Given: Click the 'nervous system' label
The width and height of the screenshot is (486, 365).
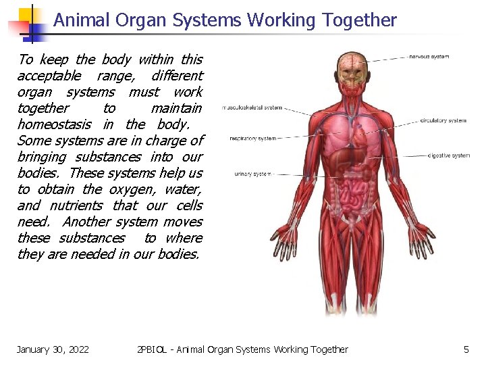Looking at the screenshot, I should (x=430, y=57).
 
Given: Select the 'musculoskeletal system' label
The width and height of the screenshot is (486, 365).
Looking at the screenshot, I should (x=252, y=107).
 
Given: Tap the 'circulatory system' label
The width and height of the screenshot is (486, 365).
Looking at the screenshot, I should (x=443, y=121).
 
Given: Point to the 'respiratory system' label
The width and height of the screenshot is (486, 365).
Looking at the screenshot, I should (x=252, y=139).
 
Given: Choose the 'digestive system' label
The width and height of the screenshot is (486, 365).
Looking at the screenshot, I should (x=449, y=156).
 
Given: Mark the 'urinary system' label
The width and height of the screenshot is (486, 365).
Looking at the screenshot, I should (x=252, y=174).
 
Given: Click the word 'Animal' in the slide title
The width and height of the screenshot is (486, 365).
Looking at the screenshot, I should (x=81, y=20).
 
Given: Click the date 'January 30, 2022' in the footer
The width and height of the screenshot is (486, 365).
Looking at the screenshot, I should (x=53, y=349).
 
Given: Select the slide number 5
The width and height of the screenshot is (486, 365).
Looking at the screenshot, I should (x=466, y=349).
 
